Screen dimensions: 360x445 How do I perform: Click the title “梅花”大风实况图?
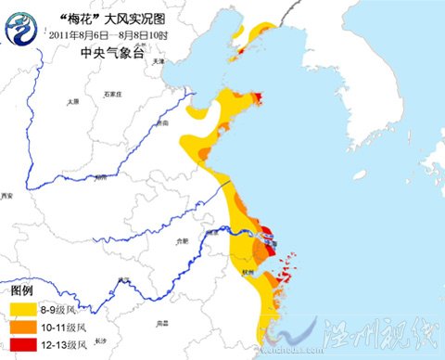(110, 17)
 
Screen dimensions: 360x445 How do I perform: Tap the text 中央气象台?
(105, 52)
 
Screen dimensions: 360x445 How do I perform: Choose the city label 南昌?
(163, 322)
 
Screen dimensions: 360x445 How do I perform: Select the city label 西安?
(8, 197)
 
